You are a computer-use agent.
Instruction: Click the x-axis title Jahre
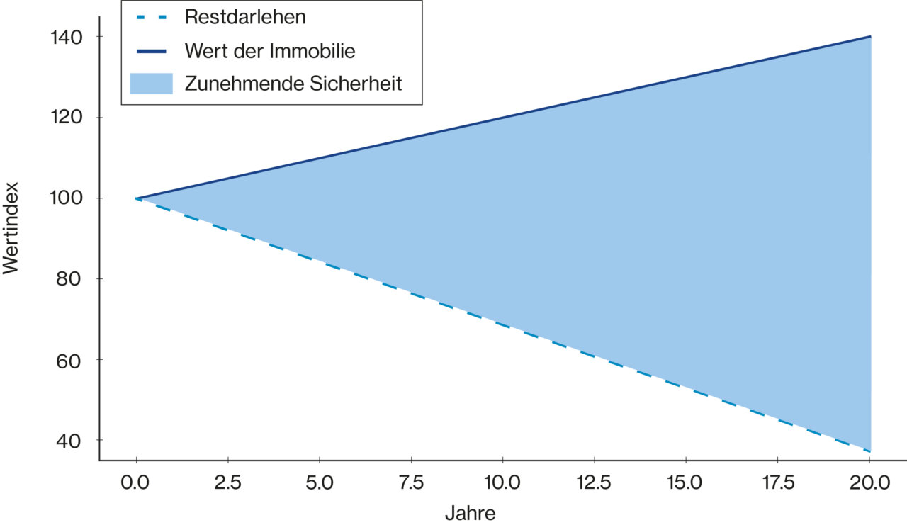[471, 513]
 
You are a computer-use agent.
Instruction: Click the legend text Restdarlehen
[245, 17]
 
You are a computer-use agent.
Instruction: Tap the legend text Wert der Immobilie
[270, 50]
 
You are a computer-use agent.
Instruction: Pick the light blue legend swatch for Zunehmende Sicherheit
[151, 83]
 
